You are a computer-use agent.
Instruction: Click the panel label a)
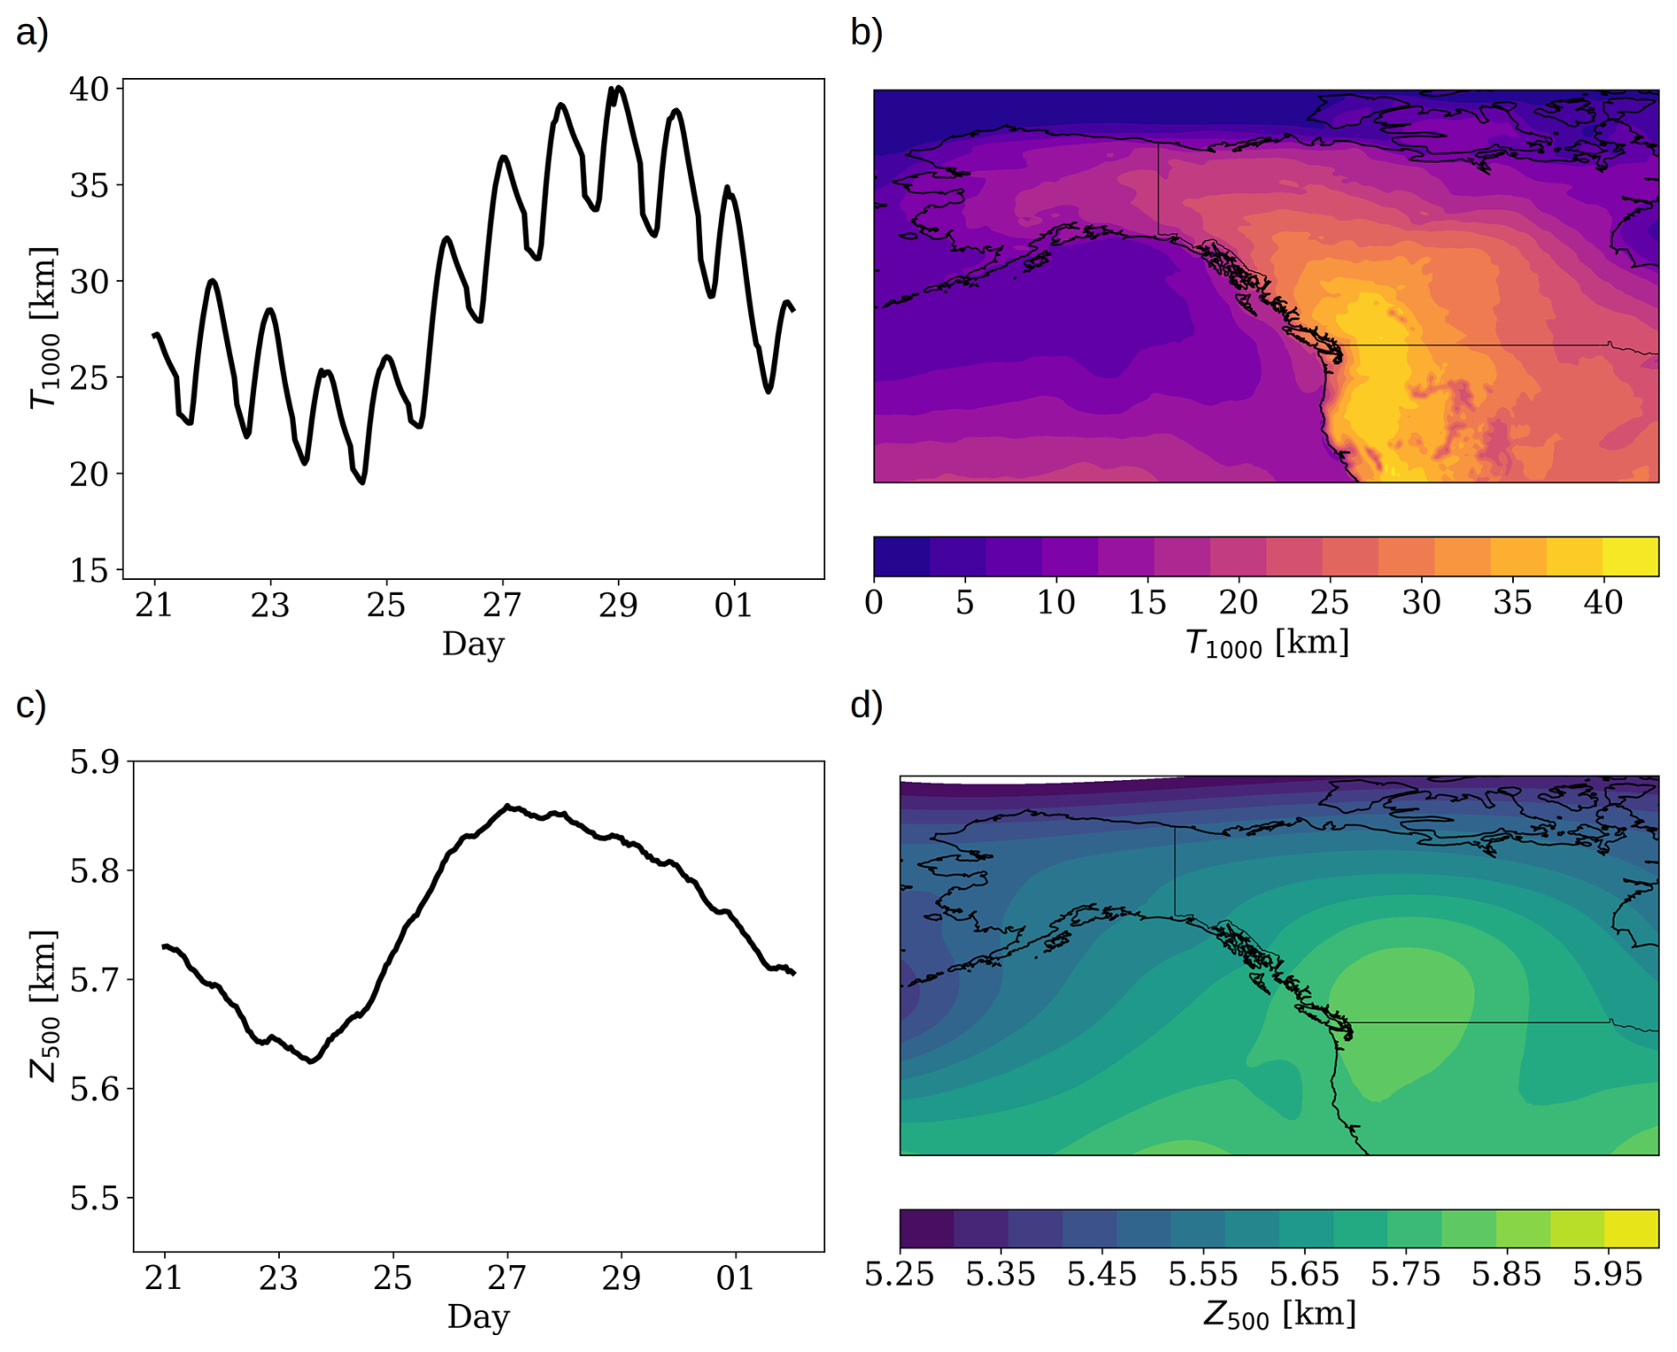tap(32, 34)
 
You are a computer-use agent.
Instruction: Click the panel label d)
tap(866, 706)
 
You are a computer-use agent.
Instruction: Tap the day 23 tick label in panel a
tap(269, 606)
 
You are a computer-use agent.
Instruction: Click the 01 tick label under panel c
tap(735, 1278)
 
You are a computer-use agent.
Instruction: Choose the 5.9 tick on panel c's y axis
tap(94, 762)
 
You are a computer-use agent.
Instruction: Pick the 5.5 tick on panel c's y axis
tap(94, 1198)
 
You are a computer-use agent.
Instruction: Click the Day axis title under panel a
tap(473, 644)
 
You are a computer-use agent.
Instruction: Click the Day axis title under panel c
tap(479, 1317)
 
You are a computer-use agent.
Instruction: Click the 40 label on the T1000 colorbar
tap(1603, 603)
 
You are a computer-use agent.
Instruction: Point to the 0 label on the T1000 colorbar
tap(874, 603)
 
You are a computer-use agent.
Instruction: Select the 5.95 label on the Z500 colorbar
tap(1607, 1275)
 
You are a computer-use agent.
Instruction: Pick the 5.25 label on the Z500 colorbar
tap(900, 1275)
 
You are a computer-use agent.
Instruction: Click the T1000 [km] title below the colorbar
tap(1267, 643)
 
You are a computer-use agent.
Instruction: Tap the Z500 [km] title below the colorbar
tap(1279, 1314)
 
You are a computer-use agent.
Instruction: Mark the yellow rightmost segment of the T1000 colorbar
tap(1631, 557)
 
